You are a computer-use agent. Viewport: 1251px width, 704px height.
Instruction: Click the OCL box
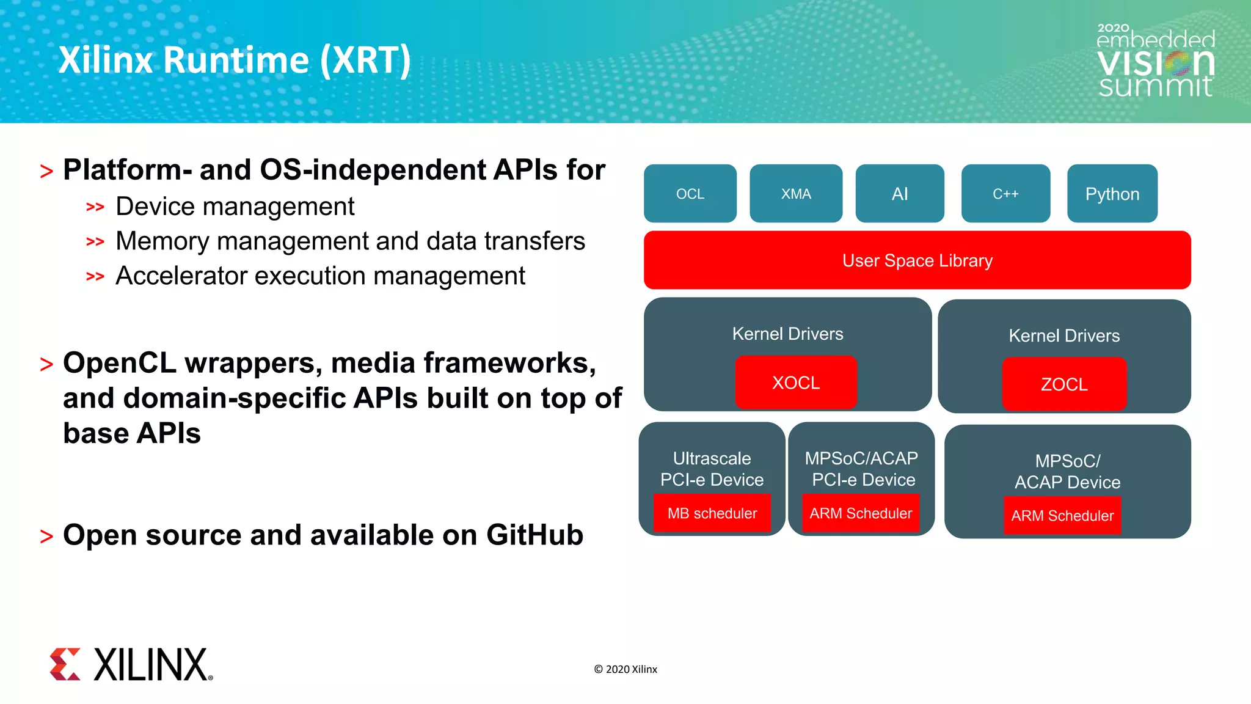[x=690, y=194]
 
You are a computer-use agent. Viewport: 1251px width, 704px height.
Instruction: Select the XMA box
[x=795, y=194]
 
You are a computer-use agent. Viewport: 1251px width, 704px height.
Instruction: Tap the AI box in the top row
[x=899, y=194]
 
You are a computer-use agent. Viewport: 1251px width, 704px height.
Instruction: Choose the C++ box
[x=1005, y=194]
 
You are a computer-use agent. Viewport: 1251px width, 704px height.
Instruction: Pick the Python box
[x=1112, y=194]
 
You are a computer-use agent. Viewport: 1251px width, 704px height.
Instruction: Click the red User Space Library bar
[x=917, y=260]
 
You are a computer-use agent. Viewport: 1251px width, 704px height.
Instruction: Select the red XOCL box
[x=795, y=383]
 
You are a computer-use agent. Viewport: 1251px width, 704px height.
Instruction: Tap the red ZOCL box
[x=1063, y=384]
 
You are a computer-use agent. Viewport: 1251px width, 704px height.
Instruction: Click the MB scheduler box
[x=712, y=513]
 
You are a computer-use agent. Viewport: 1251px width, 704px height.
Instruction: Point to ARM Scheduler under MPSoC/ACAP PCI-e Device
[x=861, y=513]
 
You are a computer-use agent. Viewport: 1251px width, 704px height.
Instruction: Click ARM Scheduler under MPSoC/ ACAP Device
[x=1062, y=516]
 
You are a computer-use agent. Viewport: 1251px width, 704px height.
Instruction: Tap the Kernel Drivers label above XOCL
[x=787, y=334]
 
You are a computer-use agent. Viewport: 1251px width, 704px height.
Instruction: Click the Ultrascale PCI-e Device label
[x=712, y=469]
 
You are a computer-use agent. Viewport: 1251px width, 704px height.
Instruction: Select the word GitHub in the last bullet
[x=534, y=535]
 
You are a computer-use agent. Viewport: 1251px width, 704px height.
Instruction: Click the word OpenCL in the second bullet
[x=120, y=363]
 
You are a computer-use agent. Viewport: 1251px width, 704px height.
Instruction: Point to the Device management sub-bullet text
[x=235, y=207]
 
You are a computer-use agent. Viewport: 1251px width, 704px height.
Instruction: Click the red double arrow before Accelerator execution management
[x=95, y=277]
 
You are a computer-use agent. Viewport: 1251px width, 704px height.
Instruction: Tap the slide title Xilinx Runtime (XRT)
[x=235, y=60]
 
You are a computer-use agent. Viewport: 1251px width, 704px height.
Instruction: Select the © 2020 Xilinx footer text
[x=625, y=669]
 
